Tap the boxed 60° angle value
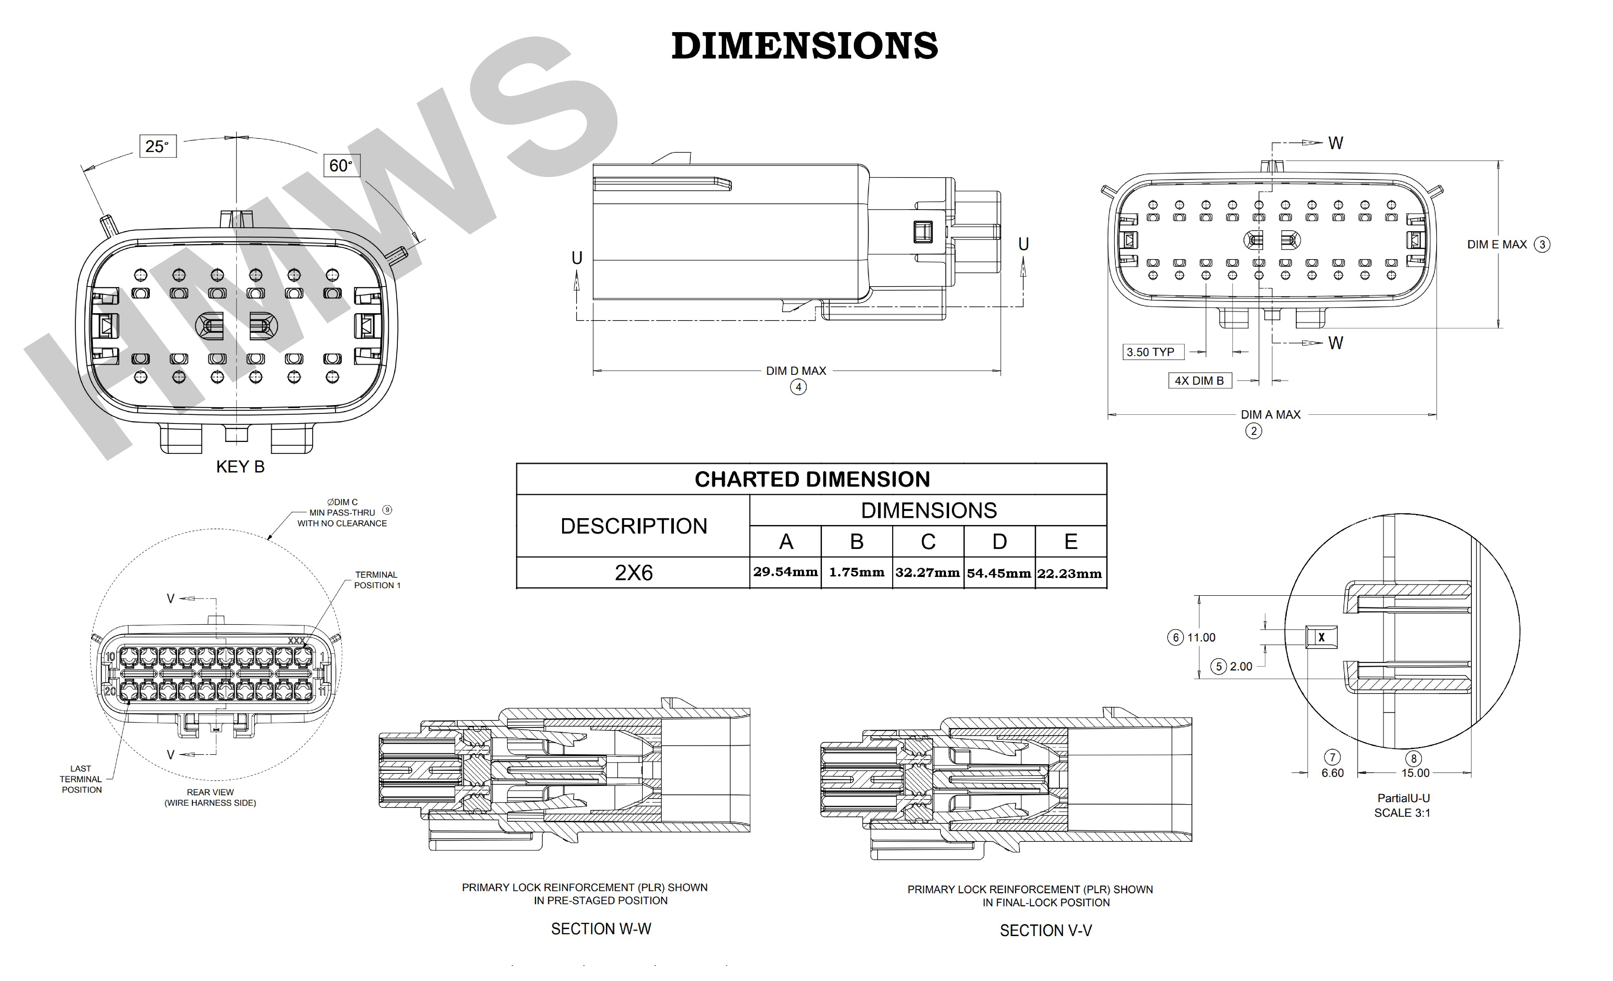pyautogui.click(x=341, y=166)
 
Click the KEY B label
pyautogui.click(x=240, y=467)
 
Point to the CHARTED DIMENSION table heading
pyautogui.click(x=812, y=479)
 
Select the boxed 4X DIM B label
pyautogui.click(x=1199, y=381)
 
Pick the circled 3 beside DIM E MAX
pyautogui.click(x=1542, y=245)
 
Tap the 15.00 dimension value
pyautogui.click(x=1415, y=773)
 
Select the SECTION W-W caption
pyautogui.click(x=601, y=929)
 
